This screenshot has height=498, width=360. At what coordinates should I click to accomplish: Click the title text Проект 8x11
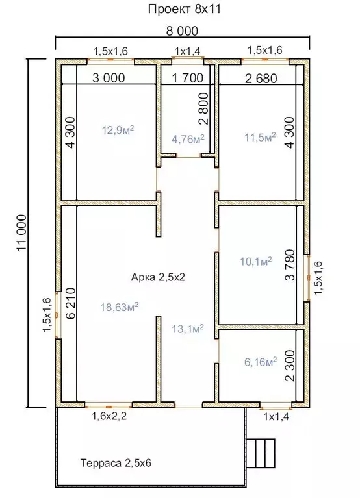(185, 9)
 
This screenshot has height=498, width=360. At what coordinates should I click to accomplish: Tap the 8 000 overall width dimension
(182, 31)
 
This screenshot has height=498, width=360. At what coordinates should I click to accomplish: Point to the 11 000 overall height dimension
(22, 233)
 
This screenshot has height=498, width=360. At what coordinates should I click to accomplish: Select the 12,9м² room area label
(118, 130)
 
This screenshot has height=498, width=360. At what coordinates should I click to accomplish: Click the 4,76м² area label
(188, 139)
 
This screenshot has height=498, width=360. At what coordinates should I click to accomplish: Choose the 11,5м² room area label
(260, 138)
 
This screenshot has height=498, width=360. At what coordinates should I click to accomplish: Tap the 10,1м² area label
(256, 262)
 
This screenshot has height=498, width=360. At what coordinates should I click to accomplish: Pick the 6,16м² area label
(261, 362)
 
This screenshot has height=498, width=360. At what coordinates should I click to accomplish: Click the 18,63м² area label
(119, 307)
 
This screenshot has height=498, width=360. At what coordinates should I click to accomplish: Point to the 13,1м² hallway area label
(187, 329)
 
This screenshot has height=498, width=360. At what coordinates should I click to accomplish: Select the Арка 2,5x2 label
(158, 277)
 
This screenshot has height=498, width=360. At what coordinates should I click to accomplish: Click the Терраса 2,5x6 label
(116, 463)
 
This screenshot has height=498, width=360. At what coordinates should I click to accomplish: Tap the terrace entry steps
(261, 453)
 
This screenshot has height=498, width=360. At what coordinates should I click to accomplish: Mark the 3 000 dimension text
(109, 78)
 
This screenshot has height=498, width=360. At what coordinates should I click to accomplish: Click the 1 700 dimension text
(187, 77)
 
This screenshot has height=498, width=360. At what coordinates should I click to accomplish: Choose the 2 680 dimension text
(261, 78)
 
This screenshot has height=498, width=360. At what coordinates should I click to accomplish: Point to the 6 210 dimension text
(71, 303)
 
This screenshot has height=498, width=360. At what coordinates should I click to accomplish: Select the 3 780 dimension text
(290, 265)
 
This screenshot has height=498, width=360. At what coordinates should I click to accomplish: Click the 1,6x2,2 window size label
(109, 416)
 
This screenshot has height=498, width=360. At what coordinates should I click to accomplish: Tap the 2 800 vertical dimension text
(203, 108)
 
